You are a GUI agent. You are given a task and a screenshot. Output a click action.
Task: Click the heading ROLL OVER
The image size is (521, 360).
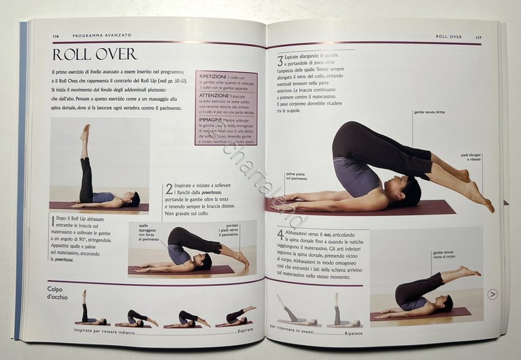pyautogui.click(x=94, y=54)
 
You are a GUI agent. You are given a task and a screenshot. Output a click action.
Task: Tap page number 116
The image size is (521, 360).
pyautogui.click(x=56, y=35)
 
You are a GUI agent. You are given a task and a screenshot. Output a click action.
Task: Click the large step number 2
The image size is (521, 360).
pyautogui.click(x=169, y=190)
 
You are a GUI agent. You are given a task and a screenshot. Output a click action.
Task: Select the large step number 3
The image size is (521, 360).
pyautogui.click(x=280, y=62)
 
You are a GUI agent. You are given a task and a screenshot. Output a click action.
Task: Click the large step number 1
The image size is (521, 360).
pyautogui.click(x=53, y=221)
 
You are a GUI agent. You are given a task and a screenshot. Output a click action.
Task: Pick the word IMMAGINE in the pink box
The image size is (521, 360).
pyautogui.click(x=211, y=120)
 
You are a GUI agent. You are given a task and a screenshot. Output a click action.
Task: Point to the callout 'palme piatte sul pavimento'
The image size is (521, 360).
pyautogui.click(x=299, y=176)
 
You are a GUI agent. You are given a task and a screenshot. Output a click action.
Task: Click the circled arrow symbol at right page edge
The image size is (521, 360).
pyautogui.click(x=493, y=294)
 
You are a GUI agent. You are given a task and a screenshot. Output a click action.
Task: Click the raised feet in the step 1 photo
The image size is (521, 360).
pyautogui.click(x=85, y=130)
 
